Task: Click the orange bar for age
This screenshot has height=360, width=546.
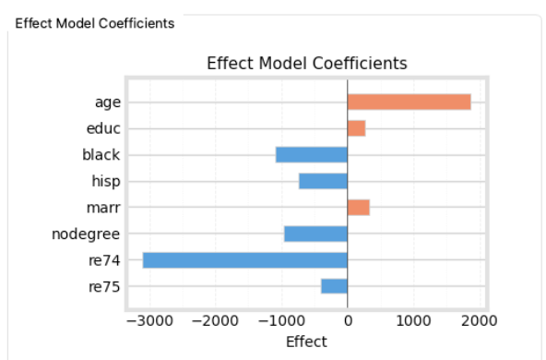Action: (x=409, y=102)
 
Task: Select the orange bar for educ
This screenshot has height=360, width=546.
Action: (x=356, y=128)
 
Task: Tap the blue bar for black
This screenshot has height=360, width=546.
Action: (x=312, y=155)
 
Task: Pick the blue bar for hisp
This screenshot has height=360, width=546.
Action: (x=323, y=181)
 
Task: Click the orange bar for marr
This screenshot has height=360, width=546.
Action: (x=358, y=208)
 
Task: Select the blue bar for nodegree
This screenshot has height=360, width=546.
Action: (x=315, y=234)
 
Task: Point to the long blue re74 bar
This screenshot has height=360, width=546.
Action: (x=245, y=260)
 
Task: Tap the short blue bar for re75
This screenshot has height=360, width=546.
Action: (x=334, y=286)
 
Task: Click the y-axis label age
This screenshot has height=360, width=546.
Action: (x=107, y=102)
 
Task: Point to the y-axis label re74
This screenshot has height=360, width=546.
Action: (x=103, y=260)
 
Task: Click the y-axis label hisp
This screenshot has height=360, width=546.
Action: (x=105, y=181)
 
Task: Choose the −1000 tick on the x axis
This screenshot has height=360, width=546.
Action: (x=281, y=321)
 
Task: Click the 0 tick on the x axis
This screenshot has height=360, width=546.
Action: (x=348, y=321)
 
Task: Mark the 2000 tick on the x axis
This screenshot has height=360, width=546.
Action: (x=479, y=321)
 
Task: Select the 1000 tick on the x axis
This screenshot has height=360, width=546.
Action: (x=413, y=321)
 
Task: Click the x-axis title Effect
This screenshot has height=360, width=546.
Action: (x=306, y=342)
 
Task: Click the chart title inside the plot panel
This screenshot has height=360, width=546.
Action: (x=306, y=64)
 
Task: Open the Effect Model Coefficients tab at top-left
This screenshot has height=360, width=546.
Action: (x=94, y=23)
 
